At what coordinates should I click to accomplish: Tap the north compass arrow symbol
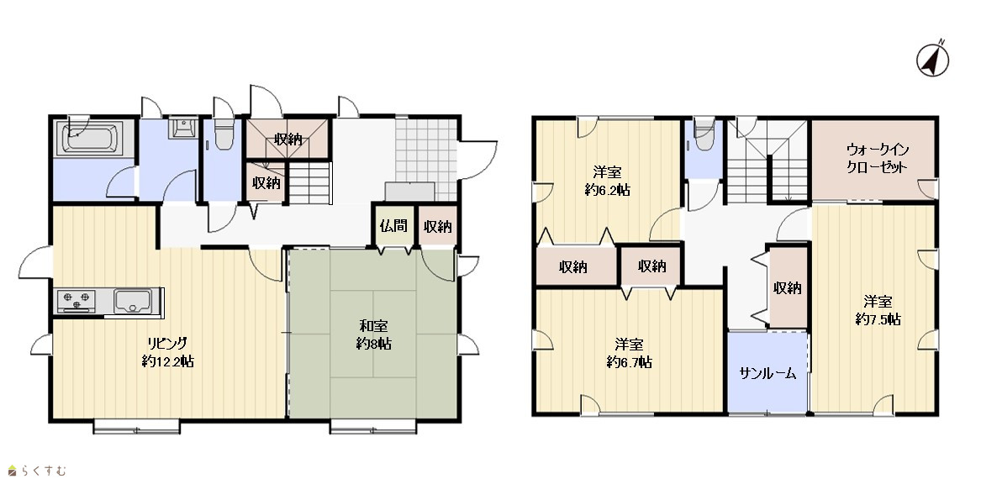(932, 60)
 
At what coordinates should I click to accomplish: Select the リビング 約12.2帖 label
(167, 352)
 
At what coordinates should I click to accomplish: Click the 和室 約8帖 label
(373, 334)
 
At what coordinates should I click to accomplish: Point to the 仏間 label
(393, 226)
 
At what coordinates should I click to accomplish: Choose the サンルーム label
(767, 374)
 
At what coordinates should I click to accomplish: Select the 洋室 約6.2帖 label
(607, 182)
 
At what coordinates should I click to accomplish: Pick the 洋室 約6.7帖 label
(629, 353)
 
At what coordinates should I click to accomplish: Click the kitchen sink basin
(133, 301)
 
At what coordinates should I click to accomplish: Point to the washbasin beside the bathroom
(182, 127)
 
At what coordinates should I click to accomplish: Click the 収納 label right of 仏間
(437, 226)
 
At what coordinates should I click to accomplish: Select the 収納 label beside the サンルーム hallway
(787, 288)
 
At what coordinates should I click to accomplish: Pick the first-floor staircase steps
(309, 182)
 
